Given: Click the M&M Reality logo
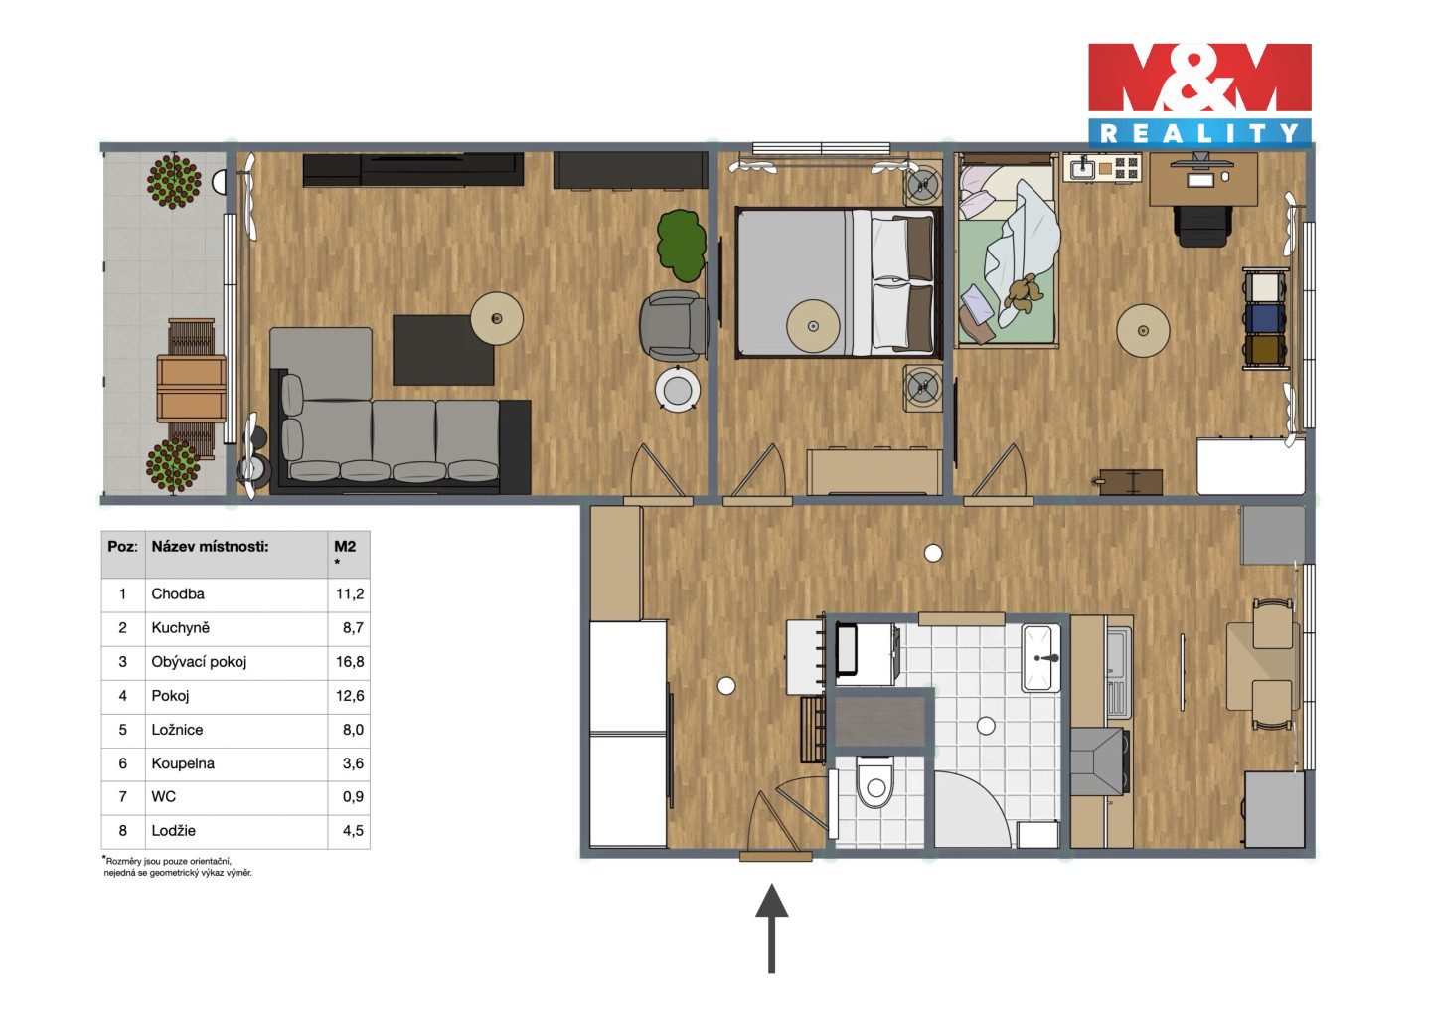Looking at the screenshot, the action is tap(1199, 95).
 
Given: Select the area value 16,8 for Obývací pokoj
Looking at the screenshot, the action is tap(350, 662).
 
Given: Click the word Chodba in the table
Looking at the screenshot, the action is tap(178, 594).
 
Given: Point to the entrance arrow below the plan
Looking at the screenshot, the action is tap(772, 928).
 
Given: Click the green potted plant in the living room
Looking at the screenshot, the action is tap(681, 246).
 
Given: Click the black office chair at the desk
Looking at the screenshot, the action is tap(1202, 226).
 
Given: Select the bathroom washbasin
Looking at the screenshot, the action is tap(1041, 658).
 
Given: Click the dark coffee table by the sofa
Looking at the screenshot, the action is tap(443, 350).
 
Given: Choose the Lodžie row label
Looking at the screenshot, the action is tap(173, 831).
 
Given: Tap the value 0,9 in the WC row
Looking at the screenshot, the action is tap(353, 796).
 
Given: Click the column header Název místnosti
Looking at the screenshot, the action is tap(210, 546).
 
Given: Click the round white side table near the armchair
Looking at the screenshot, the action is tap(677, 389).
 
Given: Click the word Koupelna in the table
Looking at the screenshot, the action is tap(183, 763).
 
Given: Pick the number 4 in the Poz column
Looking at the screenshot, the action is tap(122, 696).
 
